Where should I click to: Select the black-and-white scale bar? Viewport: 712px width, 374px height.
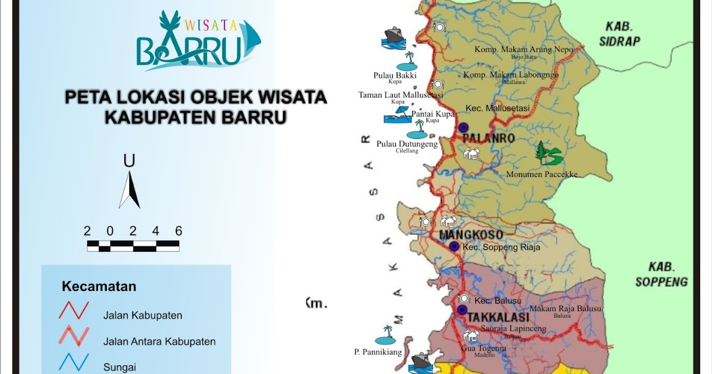(x=133, y=245)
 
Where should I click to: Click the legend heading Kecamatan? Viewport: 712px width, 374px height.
(x=98, y=287)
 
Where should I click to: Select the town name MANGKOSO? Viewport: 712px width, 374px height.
(x=471, y=235)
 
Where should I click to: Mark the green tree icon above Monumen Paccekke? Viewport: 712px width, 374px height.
(x=548, y=155)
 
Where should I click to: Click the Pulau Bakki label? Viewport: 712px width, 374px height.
(x=395, y=75)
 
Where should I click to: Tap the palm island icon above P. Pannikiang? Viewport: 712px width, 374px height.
(x=387, y=335)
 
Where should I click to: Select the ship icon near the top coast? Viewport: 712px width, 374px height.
(x=393, y=37)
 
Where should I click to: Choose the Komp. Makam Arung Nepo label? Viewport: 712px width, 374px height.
(x=524, y=49)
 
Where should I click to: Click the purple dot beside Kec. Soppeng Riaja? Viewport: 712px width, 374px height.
(x=454, y=246)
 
